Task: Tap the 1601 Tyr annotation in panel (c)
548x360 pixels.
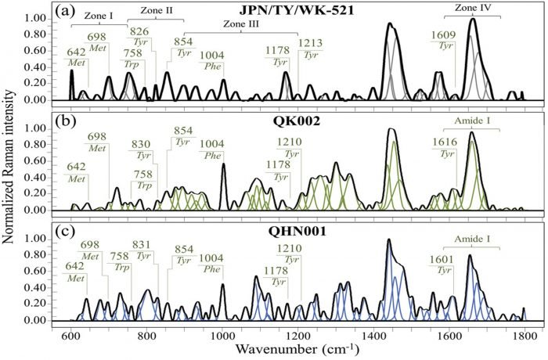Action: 442,264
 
